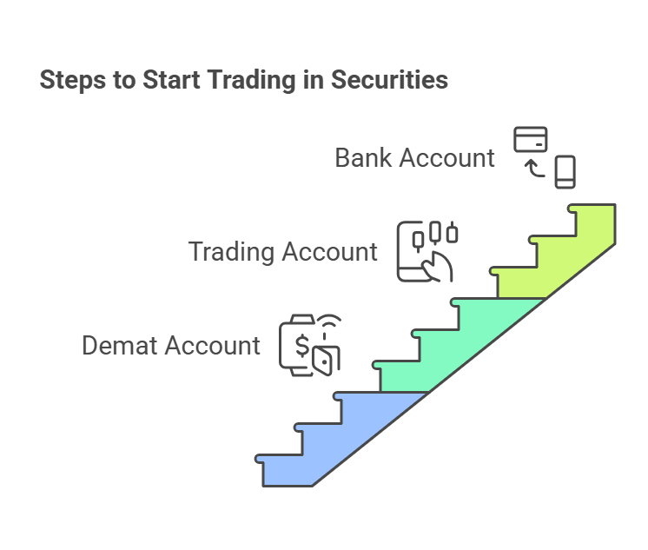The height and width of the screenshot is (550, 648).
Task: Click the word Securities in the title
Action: tap(389, 79)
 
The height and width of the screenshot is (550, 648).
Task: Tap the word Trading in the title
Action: tap(251, 80)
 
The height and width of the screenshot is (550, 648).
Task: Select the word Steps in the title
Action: tap(73, 80)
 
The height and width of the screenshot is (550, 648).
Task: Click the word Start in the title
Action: tap(171, 79)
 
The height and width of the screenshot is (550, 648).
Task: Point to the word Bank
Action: tap(363, 157)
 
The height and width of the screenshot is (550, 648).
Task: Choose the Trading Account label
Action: tap(282, 252)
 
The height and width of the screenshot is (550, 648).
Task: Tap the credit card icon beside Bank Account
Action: tap(531, 139)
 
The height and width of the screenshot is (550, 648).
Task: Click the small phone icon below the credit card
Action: tap(565, 172)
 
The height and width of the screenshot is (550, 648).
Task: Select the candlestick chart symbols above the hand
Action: tap(435, 235)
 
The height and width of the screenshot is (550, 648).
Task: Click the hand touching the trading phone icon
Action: tap(438, 267)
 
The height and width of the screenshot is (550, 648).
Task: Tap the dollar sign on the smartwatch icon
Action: tap(302, 345)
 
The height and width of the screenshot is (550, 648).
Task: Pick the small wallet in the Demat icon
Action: tap(326, 361)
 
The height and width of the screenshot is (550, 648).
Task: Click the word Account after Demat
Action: tap(213, 345)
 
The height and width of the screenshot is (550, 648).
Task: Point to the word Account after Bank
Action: tap(446, 157)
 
